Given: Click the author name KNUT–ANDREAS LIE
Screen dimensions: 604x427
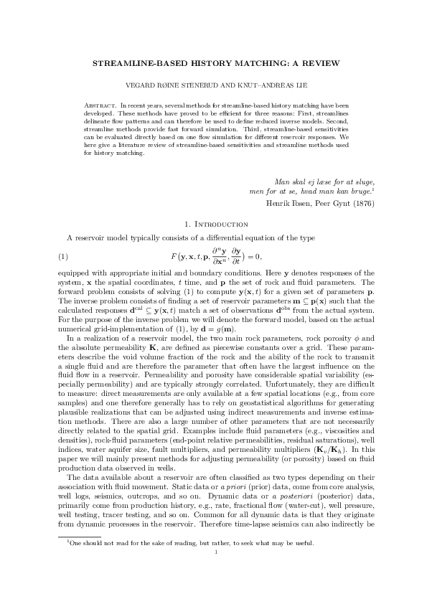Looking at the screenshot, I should [266, 85].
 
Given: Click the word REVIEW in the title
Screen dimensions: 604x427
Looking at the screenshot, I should [316, 64].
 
